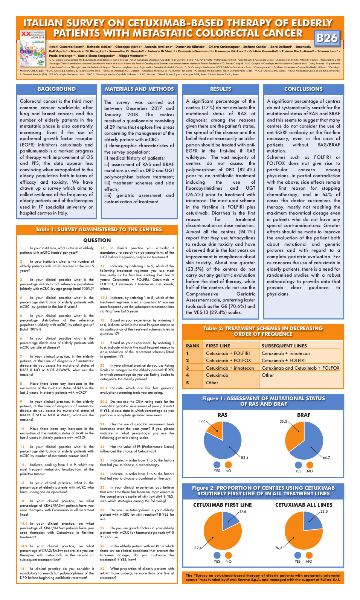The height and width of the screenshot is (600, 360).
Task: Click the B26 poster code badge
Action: pyautogui.click(x=327, y=38)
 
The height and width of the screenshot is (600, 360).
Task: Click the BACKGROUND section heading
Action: pyautogui.click(x=56, y=89)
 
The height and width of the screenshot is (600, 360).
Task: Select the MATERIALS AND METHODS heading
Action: pyautogui.click(x=139, y=89)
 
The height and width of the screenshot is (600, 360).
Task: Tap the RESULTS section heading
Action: pyautogui.click(x=221, y=89)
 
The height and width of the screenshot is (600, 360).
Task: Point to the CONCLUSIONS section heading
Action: pyautogui.click(x=304, y=89)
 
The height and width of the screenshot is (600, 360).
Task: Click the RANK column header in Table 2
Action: pyautogui.click(x=193, y=346)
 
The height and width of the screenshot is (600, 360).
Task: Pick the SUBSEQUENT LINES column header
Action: pyautogui.click(x=284, y=346)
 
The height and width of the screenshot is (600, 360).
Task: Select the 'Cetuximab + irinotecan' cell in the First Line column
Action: pyautogui.click(x=230, y=368)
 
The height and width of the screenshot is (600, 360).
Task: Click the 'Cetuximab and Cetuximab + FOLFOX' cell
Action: pyautogui.click(x=301, y=368)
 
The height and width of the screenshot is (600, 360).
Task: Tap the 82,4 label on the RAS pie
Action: pyautogui.click(x=245, y=458)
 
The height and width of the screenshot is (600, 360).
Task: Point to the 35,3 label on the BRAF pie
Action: pyautogui.click(x=283, y=422)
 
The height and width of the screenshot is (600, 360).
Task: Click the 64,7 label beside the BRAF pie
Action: pyautogui.click(x=326, y=458)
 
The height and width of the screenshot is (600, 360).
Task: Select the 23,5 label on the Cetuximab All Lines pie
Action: pyautogui.click(x=324, y=512)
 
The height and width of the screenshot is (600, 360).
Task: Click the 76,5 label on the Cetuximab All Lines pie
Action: pyautogui.click(x=279, y=548)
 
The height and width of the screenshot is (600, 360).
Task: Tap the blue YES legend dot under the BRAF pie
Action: pyautogui.click(x=298, y=465)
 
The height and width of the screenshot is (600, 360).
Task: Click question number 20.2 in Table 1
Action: pyautogui.click(x=104, y=402)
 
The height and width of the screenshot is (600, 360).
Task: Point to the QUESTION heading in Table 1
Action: pyautogui.click(x=97, y=240)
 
